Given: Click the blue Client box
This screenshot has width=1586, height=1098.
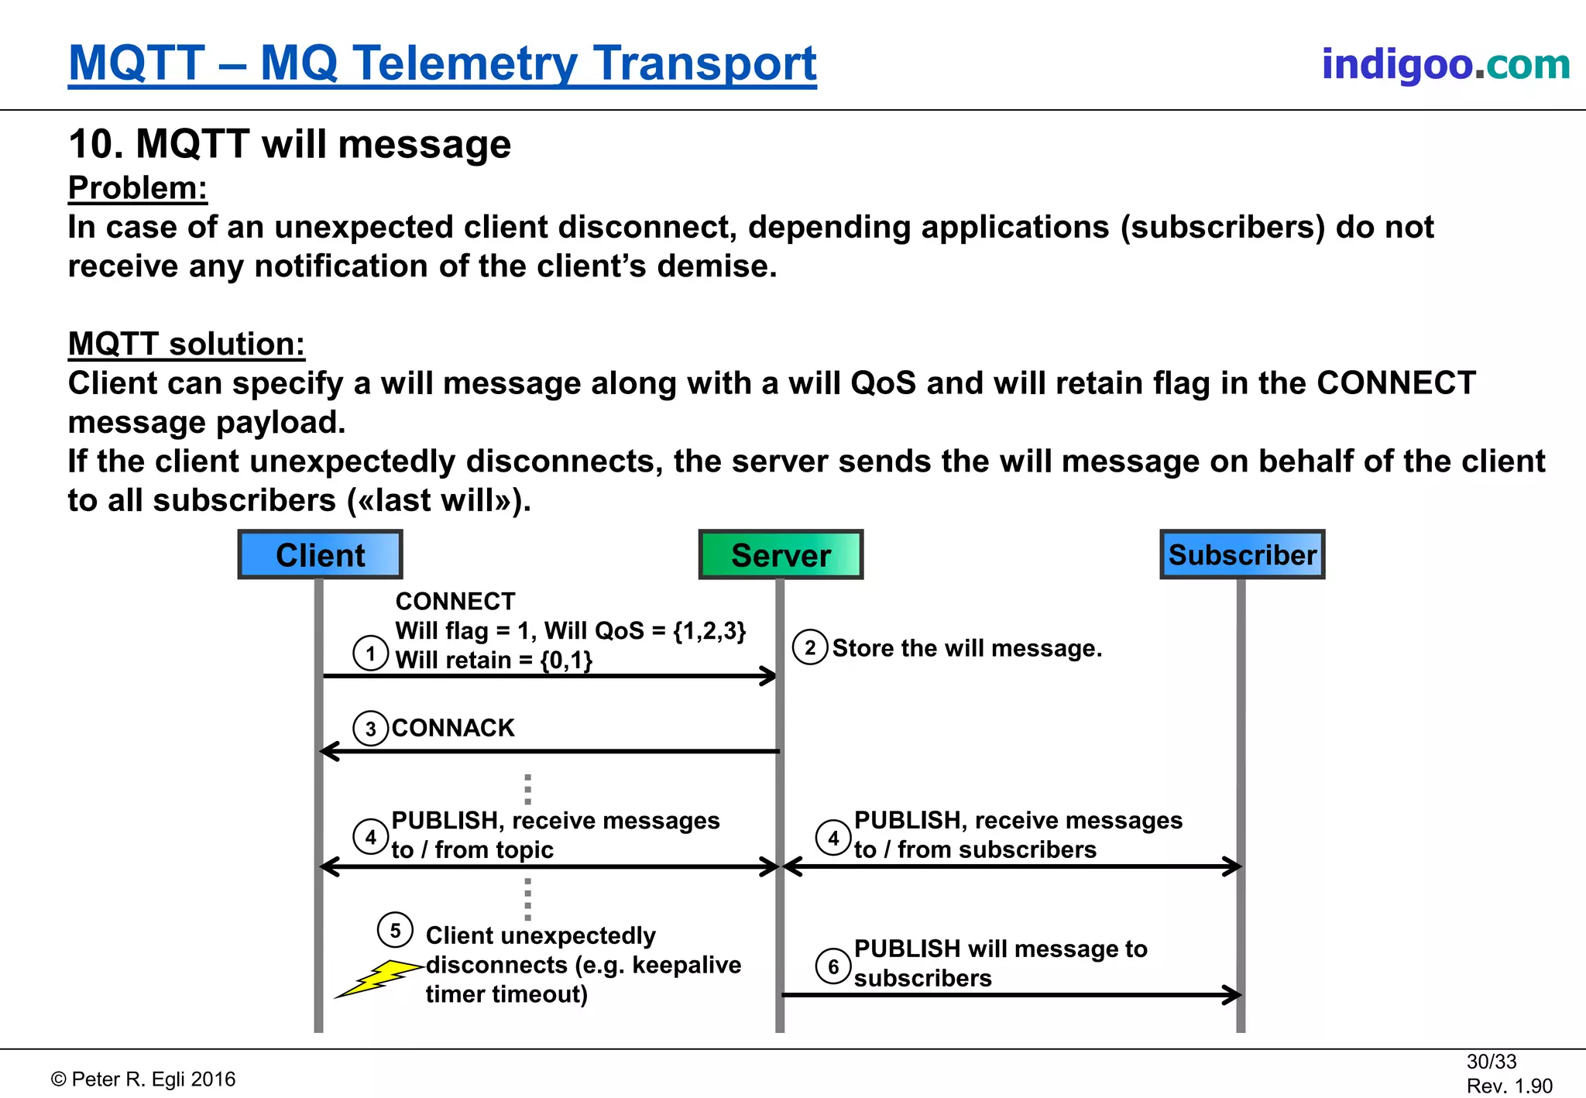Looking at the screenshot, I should [320, 554].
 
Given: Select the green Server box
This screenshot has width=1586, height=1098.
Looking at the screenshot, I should [781, 554].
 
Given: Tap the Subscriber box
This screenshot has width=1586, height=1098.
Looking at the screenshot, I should [1242, 554].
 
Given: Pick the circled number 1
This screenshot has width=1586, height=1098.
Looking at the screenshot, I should [371, 654].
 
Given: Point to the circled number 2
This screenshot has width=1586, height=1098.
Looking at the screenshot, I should [810, 647].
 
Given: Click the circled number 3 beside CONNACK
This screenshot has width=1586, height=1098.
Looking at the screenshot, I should [371, 729].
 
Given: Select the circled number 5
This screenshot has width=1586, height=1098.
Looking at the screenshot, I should [395, 930].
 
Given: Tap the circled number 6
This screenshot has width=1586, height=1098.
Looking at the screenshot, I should [833, 966].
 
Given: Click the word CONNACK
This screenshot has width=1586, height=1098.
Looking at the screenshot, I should [453, 728].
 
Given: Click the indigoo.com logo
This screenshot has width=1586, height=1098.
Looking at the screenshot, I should [1445, 63].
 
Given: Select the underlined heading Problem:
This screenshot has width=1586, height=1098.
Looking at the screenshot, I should [138, 188].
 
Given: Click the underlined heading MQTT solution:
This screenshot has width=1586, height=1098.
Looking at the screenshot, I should [186, 344].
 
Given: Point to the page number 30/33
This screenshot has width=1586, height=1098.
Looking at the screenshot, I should [1491, 1061].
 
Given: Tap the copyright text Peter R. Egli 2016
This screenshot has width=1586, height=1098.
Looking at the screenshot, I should [144, 1079].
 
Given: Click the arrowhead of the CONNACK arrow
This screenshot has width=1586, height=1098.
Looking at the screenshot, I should [328, 751].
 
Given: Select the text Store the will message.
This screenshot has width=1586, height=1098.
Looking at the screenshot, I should [966, 648].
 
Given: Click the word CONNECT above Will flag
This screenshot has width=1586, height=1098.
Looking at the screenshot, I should [455, 601].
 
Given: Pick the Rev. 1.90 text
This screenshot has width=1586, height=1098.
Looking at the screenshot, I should [1509, 1086].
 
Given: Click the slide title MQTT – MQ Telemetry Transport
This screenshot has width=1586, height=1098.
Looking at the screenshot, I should [442, 63].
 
